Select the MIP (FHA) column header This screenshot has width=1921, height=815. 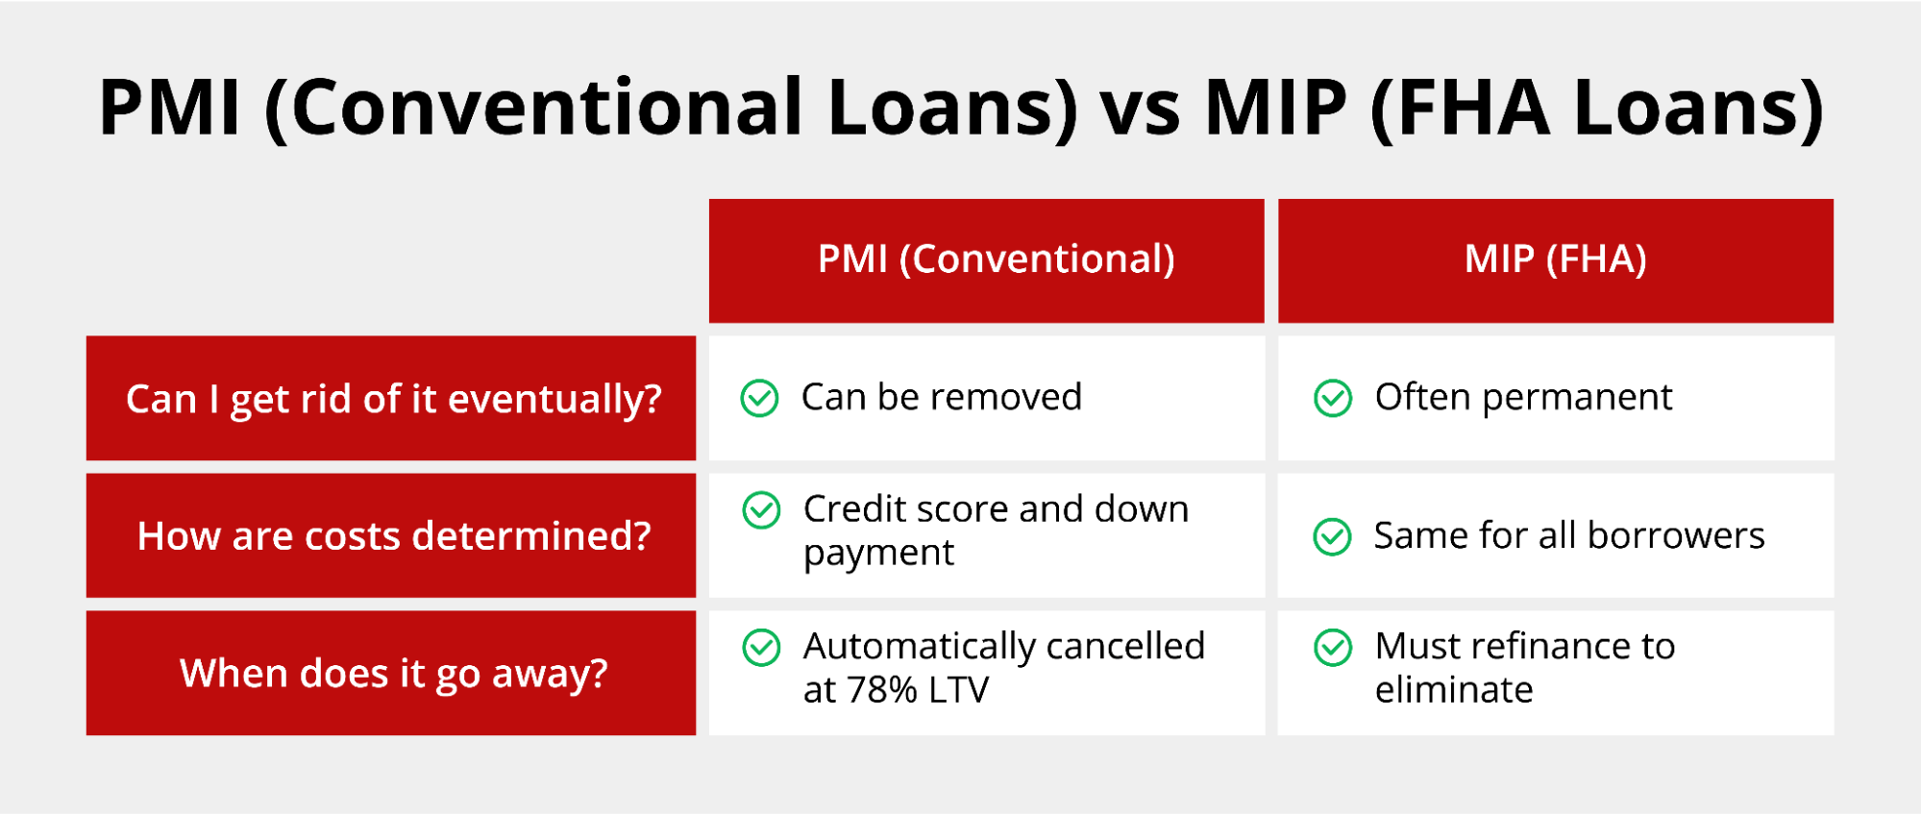[1556, 260]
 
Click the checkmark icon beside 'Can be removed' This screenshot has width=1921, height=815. [759, 398]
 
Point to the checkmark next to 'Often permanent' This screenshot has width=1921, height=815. [1333, 398]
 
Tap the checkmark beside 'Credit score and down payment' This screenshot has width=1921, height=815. [761, 510]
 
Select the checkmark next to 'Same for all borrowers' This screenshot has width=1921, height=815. [1332, 536]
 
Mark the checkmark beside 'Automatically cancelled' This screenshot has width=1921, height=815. [761, 648]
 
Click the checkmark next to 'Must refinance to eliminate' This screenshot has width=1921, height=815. [1333, 648]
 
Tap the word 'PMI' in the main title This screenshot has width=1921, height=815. [169, 107]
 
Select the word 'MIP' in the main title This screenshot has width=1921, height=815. [1276, 107]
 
